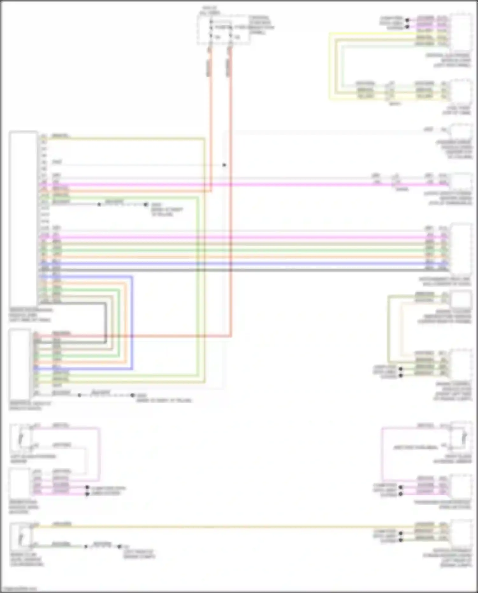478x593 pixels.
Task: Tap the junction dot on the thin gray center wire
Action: pos(224,165)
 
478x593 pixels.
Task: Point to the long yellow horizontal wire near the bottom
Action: pos(223,527)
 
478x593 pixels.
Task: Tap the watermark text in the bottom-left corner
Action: pos(18,589)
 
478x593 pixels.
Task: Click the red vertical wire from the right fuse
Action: pos(230,191)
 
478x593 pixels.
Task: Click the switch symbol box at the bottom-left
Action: pos(20,535)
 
